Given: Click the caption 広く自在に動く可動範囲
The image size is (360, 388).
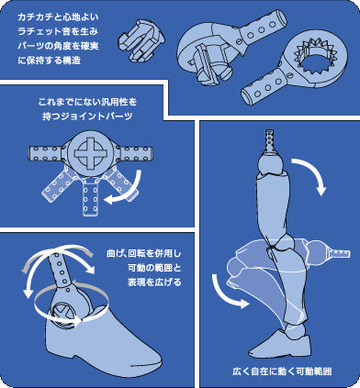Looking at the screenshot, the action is (x=282, y=371).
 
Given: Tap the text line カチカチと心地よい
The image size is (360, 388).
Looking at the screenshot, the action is (x=58, y=17).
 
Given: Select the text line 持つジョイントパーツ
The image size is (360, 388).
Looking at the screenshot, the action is (x=87, y=116).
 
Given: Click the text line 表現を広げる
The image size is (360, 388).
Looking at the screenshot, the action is (x=154, y=282).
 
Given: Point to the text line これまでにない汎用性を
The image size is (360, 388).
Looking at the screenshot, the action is (x=87, y=102).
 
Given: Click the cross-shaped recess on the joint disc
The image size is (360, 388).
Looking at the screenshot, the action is (x=89, y=152).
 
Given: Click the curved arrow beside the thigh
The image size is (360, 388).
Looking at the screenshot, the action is (x=309, y=174).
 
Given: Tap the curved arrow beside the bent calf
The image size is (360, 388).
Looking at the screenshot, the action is (x=227, y=292).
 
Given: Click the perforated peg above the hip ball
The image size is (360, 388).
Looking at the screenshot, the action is (x=270, y=141).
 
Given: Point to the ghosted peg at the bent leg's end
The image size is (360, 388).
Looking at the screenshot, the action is (x=340, y=253).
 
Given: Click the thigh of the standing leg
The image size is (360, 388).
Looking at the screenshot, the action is (x=271, y=205).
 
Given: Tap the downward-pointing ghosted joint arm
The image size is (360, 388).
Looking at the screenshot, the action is (x=90, y=198).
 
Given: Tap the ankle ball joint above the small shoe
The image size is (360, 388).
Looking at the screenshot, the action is (x=295, y=333).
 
